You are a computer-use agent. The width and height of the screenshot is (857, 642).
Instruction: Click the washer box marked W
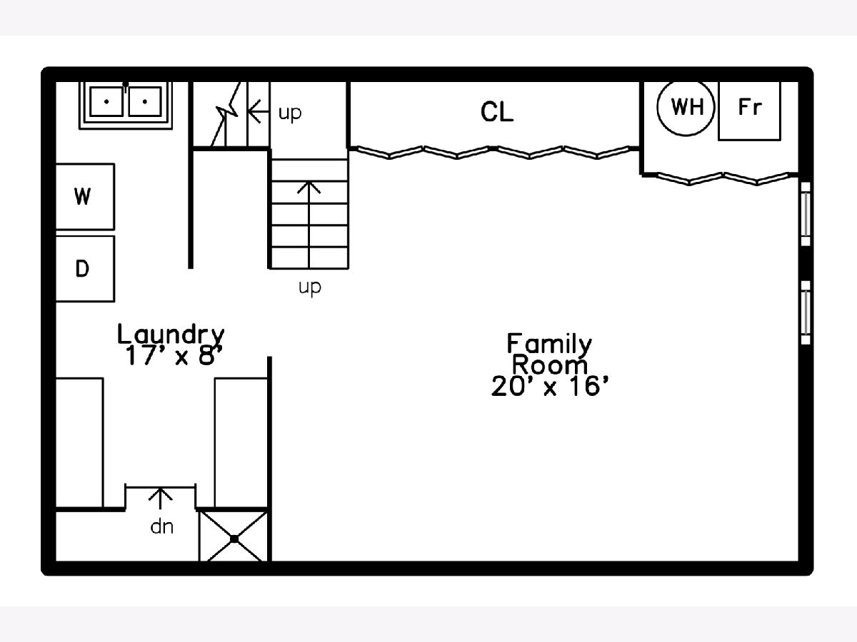(x=85, y=196)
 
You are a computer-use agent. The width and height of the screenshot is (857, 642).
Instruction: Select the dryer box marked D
(x=85, y=269)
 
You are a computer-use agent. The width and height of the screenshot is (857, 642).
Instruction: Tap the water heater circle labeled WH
(x=686, y=107)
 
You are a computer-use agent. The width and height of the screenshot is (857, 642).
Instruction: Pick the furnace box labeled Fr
(x=750, y=111)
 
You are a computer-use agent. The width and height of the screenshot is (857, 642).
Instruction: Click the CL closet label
(x=496, y=112)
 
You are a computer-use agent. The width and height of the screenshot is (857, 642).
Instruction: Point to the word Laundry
(x=171, y=335)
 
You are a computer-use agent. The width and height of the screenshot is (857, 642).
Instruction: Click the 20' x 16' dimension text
(x=550, y=387)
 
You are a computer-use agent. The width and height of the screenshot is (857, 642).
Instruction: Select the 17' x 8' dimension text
(x=174, y=355)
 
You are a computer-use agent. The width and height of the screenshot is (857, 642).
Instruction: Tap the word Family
(x=549, y=344)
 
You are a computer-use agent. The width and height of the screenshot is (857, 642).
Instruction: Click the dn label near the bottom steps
(x=161, y=527)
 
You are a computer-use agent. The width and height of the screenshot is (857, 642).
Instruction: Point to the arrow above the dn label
(x=160, y=499)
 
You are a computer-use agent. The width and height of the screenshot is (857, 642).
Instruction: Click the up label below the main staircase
(x=310, y=287)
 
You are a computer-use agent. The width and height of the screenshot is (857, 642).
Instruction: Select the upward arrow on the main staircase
(x=309, y=225)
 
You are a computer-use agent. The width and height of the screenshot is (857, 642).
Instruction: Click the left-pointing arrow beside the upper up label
(x=258, y=111)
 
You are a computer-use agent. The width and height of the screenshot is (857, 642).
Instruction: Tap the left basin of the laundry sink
(x=106, y=102)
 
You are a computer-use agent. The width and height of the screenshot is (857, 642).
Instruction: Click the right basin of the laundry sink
(x=144, y=102)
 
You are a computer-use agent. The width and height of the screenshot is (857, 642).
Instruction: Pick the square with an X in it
(x=234, y=536)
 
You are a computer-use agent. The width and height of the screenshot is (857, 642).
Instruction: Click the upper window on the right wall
(x=806, y=214)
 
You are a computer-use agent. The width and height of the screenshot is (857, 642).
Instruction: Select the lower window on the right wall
(x=806, y=312)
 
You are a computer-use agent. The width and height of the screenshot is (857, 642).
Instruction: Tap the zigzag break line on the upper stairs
(x=226, y=114)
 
